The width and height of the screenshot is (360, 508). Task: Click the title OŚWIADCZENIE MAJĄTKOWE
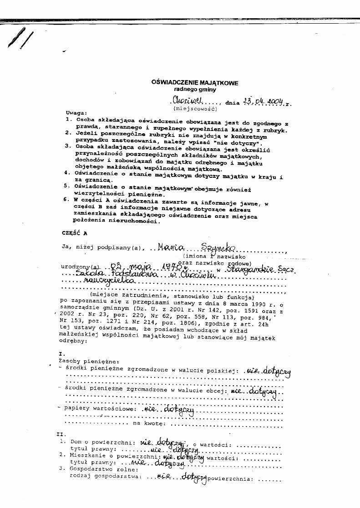click(x=195, y=83)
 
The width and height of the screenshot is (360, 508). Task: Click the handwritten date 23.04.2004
click(x=263, y=101)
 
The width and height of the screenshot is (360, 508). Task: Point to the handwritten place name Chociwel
click(x=188, y=101)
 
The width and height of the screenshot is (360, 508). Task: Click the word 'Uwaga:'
click(x=75, y=113)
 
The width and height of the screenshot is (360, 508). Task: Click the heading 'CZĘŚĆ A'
click(x=74, y=232)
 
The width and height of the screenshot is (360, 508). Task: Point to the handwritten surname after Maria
click(x=220, y=247)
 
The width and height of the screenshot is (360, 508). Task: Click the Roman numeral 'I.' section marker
click(x=62, y=353)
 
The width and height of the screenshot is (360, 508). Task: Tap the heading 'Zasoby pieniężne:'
click(x=82, y=360)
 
